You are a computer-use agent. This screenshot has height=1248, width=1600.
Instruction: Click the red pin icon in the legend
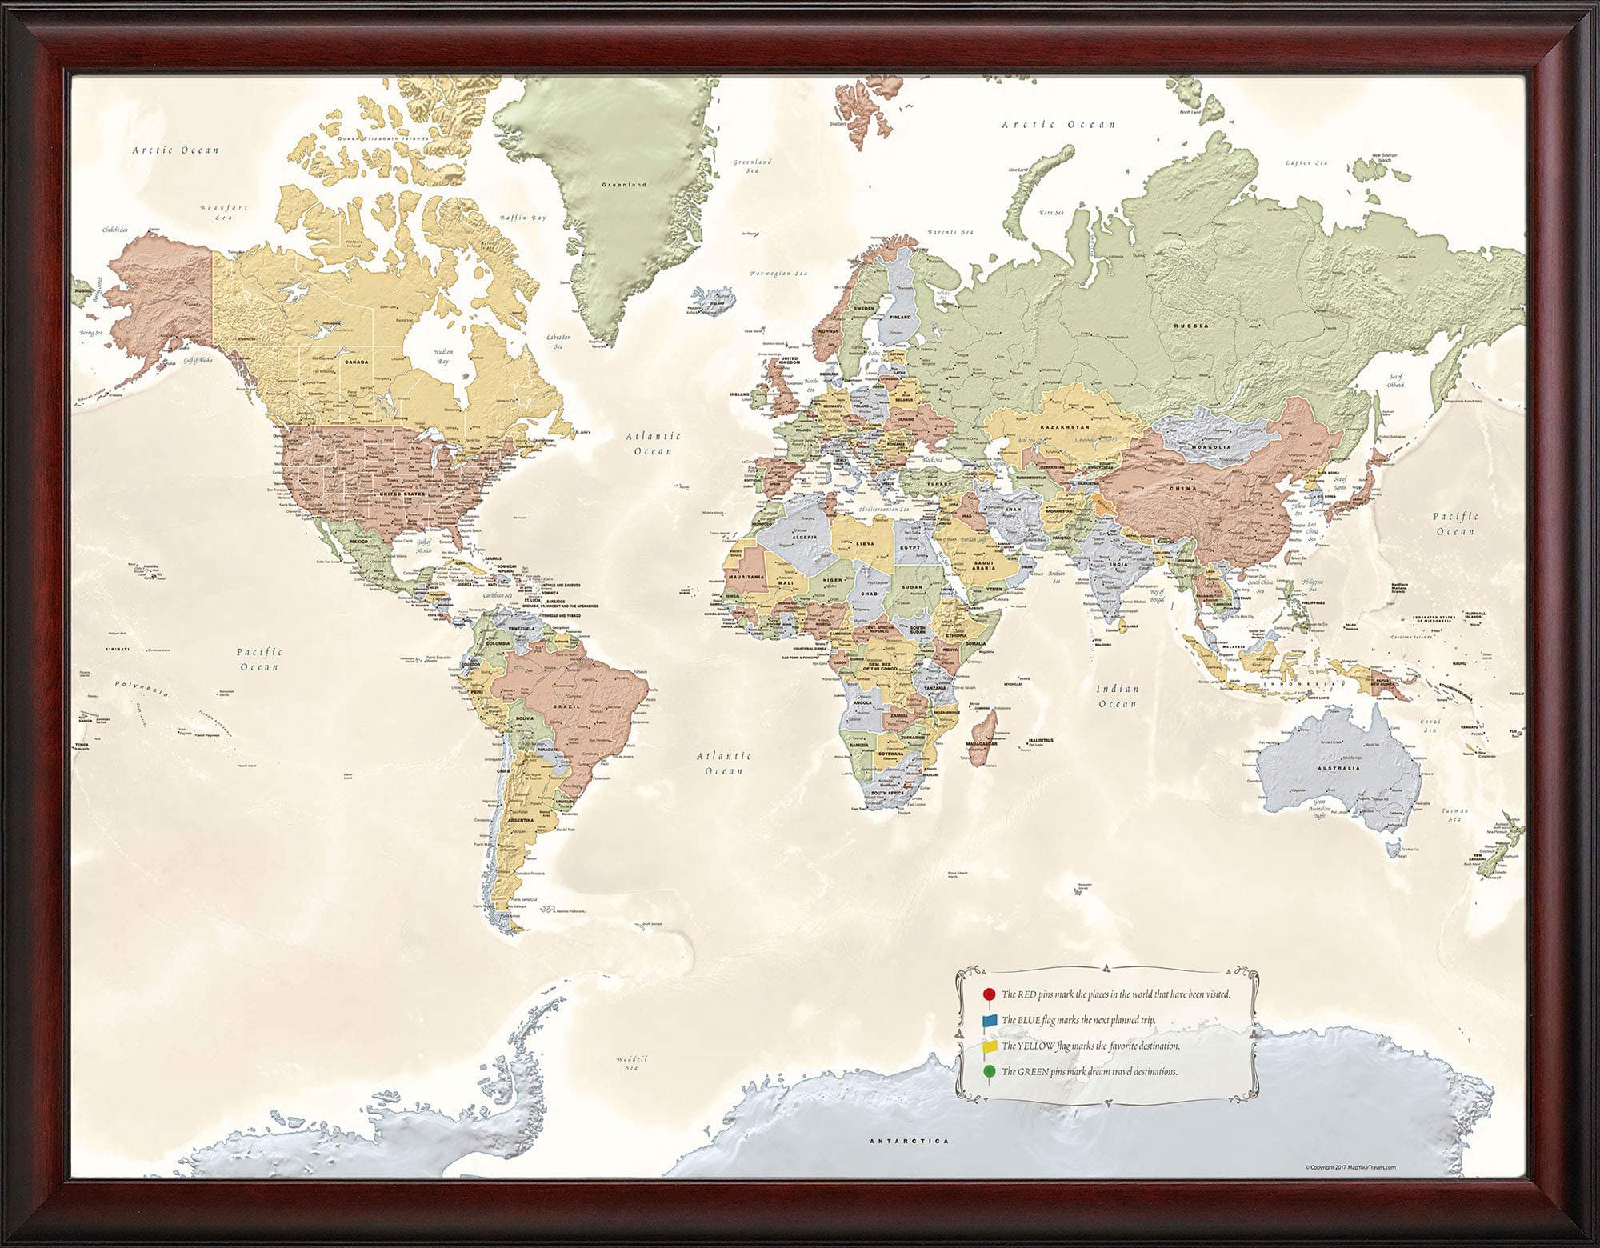point(989,994)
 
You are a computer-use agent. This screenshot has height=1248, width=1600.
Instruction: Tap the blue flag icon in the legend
point(990,1021)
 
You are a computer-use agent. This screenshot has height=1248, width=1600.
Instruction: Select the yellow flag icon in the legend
point(990,1046)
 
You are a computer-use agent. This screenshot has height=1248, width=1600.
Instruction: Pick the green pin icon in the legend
point(990,1072)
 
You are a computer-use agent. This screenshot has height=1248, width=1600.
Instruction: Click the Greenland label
point(624,185)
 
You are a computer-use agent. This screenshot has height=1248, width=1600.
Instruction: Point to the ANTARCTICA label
point(909,1142)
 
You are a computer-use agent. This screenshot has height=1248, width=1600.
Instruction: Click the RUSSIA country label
point(1191,326)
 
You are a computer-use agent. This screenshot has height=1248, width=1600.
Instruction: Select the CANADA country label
point(357,362)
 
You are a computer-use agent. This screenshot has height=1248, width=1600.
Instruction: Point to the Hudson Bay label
point(443,356)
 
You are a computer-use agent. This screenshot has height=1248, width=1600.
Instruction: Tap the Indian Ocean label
point(1118,696)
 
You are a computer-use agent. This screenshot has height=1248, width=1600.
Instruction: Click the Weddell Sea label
point(632,1062)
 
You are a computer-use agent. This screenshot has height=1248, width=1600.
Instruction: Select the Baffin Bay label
point(522,218)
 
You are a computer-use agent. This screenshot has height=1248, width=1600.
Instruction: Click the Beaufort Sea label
point(224,212)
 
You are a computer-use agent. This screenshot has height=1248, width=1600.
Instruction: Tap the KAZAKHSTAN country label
point(1065,428)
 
